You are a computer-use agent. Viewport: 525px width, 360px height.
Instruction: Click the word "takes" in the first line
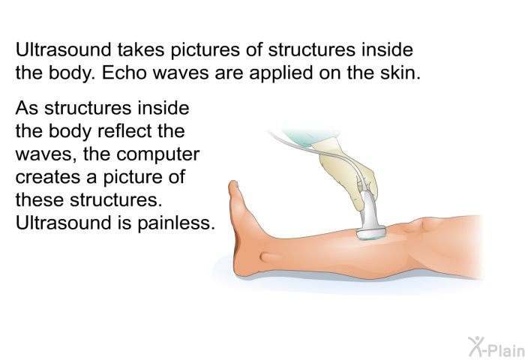point(141,49)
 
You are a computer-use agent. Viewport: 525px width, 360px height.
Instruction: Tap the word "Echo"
point(124,72)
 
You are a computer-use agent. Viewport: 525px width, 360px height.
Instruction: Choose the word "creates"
point(48,178)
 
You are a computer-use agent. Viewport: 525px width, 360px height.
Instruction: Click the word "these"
point(39,200)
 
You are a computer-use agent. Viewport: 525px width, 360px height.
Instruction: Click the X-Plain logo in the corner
point(496,346)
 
